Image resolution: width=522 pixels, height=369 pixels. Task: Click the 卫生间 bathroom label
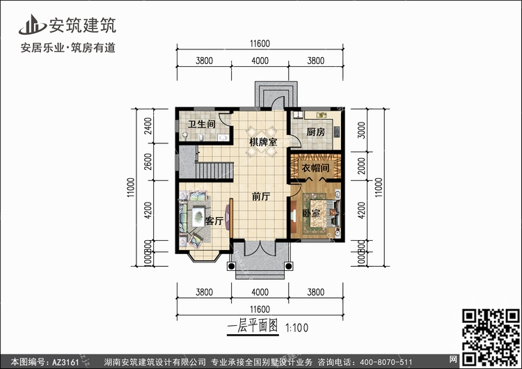(202, 124)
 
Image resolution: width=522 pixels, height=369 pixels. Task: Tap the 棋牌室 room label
(263, 142)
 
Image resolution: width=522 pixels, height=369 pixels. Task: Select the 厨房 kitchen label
(315, 132)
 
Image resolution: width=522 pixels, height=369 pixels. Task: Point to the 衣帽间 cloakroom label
(315, 168)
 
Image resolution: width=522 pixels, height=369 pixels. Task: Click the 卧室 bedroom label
(311, 213)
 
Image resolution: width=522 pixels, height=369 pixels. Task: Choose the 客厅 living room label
(214, 221)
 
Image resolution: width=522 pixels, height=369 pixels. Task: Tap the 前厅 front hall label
(261, 196)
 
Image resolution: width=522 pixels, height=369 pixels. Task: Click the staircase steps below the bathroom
(214, 171)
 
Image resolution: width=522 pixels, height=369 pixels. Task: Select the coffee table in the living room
(198, 217)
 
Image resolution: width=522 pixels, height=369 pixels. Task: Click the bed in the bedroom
(323, 213)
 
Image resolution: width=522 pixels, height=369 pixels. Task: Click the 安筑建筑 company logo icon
(32, 24)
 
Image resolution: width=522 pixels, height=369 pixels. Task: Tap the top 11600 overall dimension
(260, 44)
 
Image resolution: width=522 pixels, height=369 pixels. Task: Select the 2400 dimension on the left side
(148, 125)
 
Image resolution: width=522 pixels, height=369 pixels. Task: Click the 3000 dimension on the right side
(361, 130)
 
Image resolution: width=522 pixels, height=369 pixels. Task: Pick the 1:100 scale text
(297, 328)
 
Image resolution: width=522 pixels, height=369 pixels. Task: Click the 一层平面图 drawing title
(253, 326)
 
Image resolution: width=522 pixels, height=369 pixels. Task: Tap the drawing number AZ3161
(65, 362)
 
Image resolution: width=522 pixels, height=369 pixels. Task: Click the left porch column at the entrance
(231, 266)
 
